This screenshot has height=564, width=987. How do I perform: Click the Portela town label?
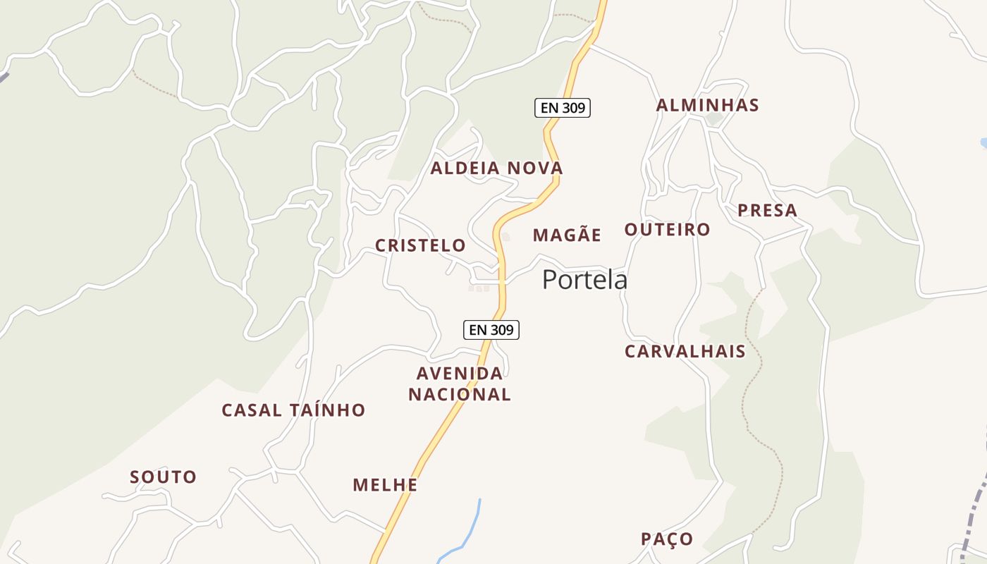pyautogui.click(x=584, y=280)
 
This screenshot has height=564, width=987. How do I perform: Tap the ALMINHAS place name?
pyautogui.click(x=707, y=106)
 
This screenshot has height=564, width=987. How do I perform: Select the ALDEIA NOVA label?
pyautogui.click(x=496, y=168)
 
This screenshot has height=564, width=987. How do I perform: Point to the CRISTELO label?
pyautogui.click(x=420, y=245)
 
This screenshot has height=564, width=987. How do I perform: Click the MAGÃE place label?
pyautogui.click(x=567, y=235)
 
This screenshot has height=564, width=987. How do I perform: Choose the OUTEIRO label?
pyautogui.click(x=667, y=230)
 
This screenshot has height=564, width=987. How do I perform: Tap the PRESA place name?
pyautogui.click(x=767, y=210)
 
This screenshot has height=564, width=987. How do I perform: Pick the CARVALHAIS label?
pyautogui.click(x=685, y=351)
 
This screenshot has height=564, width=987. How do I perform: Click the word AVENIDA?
pyautogui.click(x=460, y=373)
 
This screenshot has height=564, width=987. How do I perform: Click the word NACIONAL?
pyautogui.click(x=460, y=395)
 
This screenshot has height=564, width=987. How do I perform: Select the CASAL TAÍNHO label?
pyautogui.click(x=293, y=410)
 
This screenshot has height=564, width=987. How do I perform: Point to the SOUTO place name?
pyautogui.click(x=163, y=477)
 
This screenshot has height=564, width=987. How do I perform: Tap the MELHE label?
pyautogui.click(x=385, y=485)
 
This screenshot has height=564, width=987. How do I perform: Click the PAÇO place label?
pyautogui.click(x=667, y=539)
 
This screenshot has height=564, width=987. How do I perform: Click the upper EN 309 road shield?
pyautogui.click(x=562, y=108)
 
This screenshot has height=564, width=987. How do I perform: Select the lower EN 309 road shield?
pyautogui.click(x=491, y=329)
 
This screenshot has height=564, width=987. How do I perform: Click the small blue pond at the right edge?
pyautogui.click(x=983, y=143)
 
